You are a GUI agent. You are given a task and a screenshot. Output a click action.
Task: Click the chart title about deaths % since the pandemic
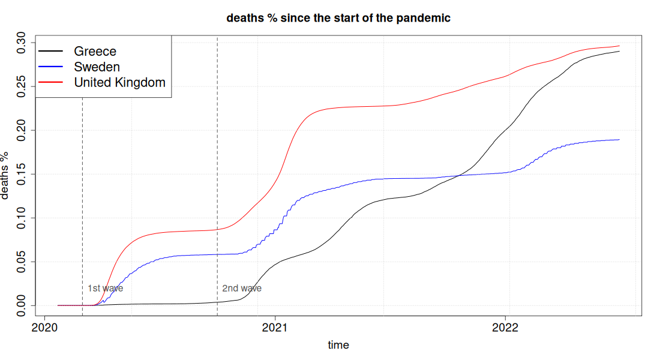338,18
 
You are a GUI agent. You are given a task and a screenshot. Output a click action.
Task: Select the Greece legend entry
77,51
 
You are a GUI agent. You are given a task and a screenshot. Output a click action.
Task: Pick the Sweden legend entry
79,67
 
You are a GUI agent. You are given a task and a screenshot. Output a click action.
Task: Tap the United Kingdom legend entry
102,82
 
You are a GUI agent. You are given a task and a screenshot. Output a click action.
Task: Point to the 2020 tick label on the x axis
44,328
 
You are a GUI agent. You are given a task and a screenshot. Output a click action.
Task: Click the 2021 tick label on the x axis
275,328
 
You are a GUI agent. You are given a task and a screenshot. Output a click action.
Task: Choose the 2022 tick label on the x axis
506,328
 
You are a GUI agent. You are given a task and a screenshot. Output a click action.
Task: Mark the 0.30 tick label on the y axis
20,43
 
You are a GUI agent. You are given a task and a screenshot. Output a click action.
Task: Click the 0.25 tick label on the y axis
20,86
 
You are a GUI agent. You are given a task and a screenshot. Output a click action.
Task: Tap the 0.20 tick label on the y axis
20,130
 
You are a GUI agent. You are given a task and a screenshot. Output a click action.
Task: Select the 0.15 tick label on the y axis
20,174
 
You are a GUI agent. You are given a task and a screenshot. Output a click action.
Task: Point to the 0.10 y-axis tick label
20,218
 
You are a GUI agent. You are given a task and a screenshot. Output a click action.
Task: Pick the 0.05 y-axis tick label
20,262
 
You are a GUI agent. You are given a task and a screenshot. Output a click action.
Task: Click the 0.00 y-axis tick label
20,305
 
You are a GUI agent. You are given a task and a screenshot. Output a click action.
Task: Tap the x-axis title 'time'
338,345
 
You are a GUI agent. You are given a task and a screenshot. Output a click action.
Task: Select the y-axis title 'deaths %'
5,175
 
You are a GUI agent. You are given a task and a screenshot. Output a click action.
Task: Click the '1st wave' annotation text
105,289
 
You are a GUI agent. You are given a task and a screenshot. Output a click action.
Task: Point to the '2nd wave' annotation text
242,289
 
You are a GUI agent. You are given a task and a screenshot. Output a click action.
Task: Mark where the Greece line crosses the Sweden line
459,175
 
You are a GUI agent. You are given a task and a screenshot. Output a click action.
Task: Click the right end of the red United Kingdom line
619,46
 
